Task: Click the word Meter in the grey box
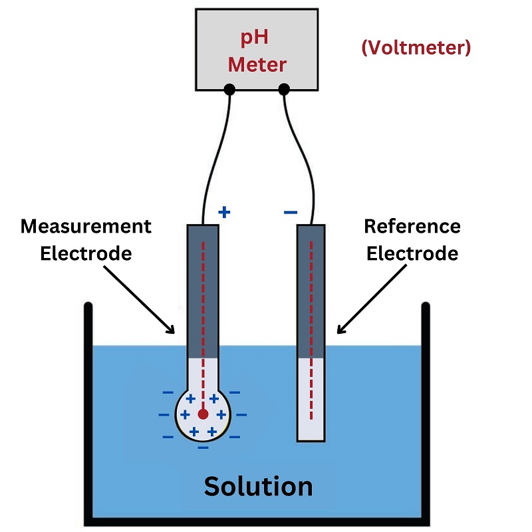(257, 65)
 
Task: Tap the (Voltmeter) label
(416, 48)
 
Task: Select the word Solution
(258, 486)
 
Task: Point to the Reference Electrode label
(412, 239)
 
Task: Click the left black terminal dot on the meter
(229, 89)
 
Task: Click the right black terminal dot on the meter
(284, 89)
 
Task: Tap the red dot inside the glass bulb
(203, 414)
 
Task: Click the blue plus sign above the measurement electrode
(225, 212)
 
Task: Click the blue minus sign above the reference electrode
(291, 213)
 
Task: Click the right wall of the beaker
(426, 412)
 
